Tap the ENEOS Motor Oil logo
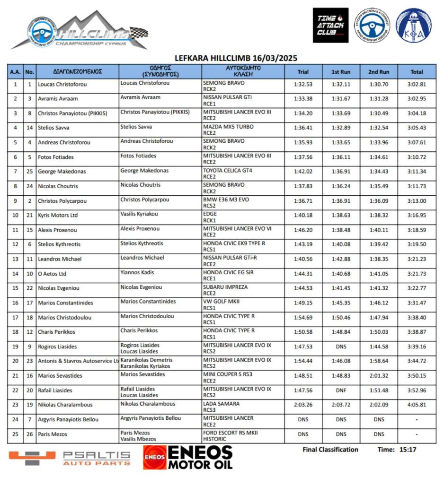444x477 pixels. coord(188,457)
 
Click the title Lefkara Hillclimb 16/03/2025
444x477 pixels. coord(236,58)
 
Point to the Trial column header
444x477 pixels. coord(303,72)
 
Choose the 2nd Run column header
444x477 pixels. coord(379,72)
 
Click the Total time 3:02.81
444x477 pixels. coord(417,84)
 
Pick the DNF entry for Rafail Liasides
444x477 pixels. coord(341,390)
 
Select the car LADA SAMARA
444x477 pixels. coord(221,403)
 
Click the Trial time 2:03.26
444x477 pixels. coord(303,405)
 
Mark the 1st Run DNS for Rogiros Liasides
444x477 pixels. coord(341,347)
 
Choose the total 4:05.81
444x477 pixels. coord(417,405)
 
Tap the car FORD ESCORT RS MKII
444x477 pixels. coord(230,433)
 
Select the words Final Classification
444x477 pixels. coord(330,450)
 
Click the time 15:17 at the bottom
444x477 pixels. coord(407,450)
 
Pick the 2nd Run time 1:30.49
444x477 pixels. coord(379,113)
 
